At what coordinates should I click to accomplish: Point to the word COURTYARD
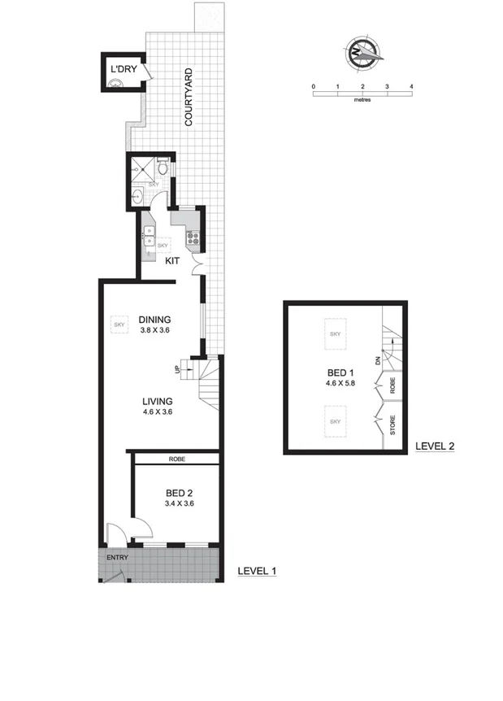click(x=189, y=98)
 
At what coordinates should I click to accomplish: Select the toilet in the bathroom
click(x=163, y=168)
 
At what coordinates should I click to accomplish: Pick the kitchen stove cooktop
click(x=194, y=238)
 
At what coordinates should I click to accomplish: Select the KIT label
click(x=172, y=262)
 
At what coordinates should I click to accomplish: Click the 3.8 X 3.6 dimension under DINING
click(x=154, y=330)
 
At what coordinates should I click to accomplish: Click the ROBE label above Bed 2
click(x=177, y=459)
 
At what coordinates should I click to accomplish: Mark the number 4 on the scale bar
click(x=412, y=85)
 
